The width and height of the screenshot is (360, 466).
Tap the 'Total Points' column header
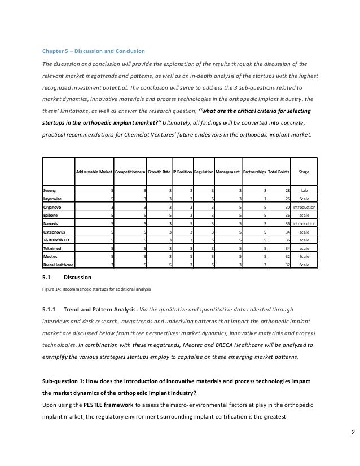(x=276, y=171)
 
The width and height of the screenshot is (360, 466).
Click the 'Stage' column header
(x=304, y=171)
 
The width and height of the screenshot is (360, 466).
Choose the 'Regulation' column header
(x=204, y=171)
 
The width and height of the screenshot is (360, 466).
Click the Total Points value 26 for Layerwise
(x=286, y=199)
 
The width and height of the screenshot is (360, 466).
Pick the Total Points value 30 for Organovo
(x=286, y=207)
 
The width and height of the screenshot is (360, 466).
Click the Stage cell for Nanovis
(x=304, y=223)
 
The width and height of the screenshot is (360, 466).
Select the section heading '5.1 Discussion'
(x=64, y=277)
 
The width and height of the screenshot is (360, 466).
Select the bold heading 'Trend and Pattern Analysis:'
(x=99, y=309)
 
